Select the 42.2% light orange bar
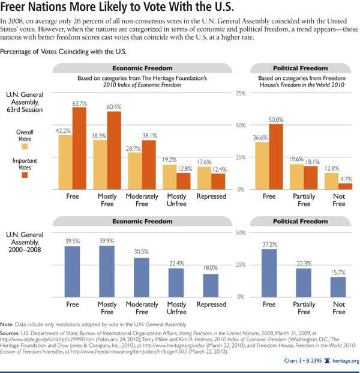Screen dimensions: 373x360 tap(66, 162)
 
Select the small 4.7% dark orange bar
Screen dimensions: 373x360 tap(346, 186)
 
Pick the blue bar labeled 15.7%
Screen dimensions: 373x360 tap(339, 287)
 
